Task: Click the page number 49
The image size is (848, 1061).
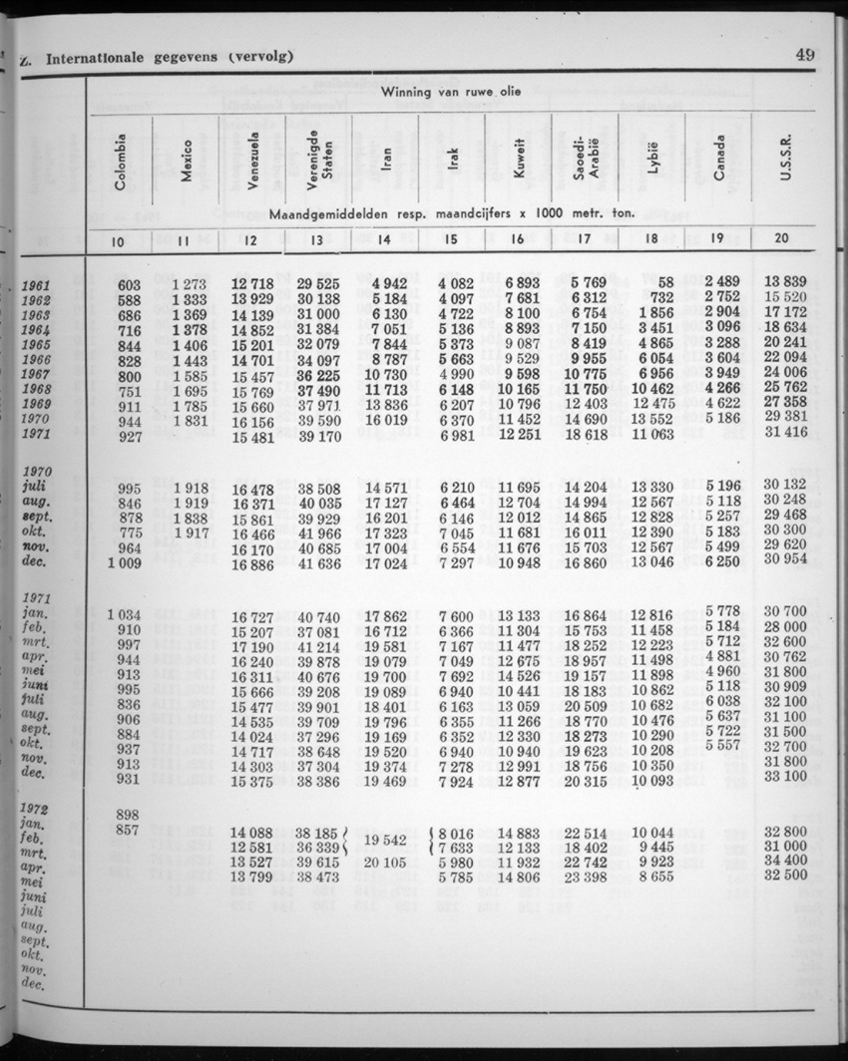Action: click(804, 56)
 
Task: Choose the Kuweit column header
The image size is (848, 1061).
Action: click(519, 161)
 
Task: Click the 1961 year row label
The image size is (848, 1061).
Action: click(37, 286)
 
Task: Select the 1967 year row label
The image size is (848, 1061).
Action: click(37, 375)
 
